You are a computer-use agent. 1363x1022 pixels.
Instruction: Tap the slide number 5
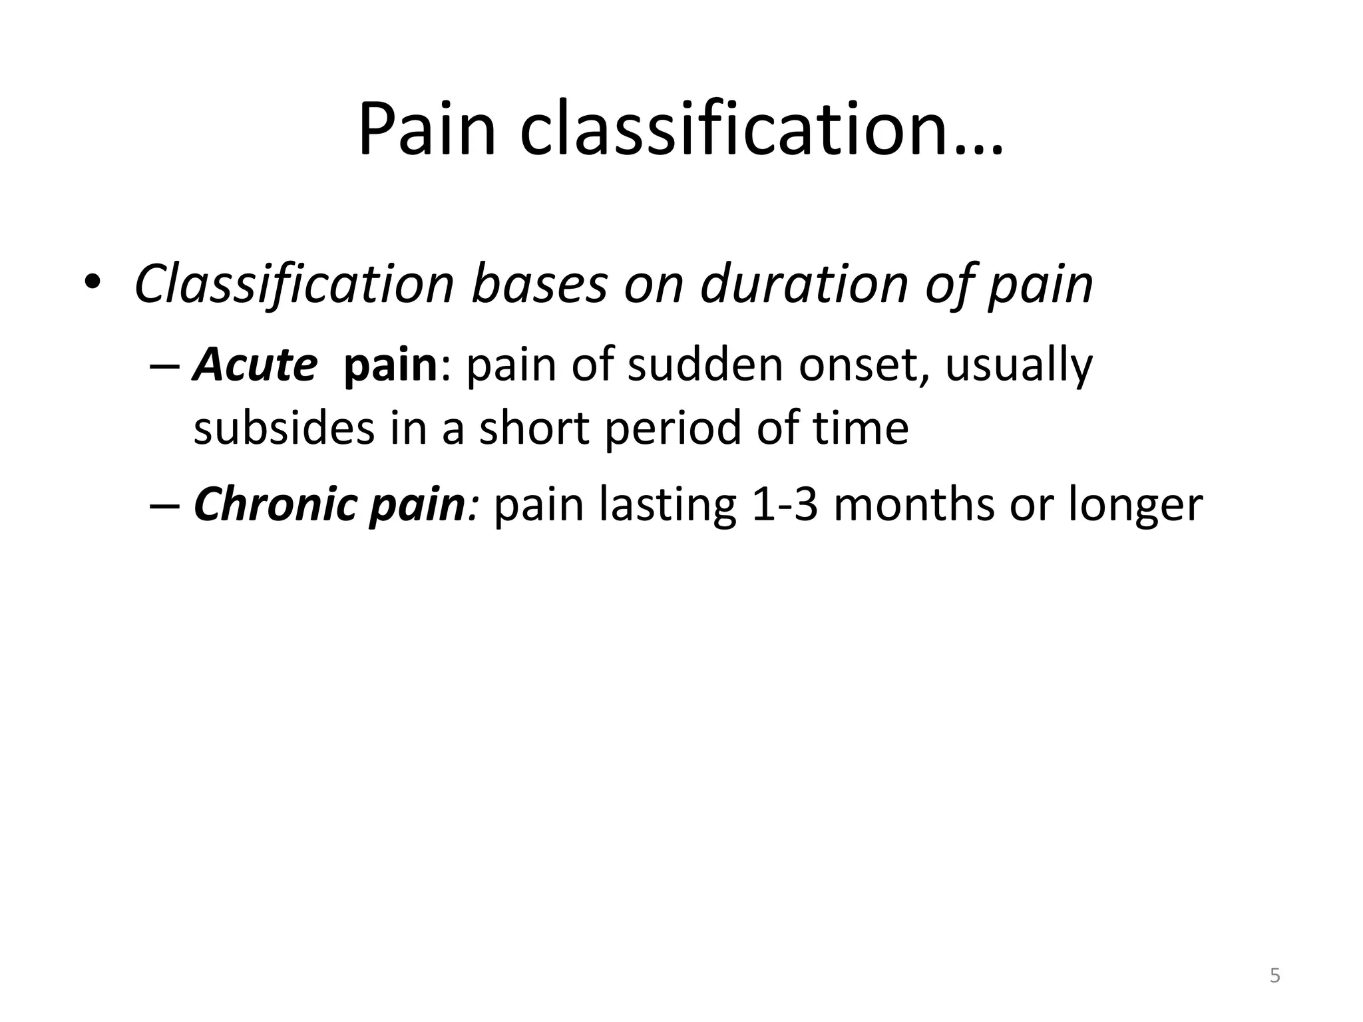pos(1274,976)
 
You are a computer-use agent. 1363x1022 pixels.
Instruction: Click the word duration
pos(804,285)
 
